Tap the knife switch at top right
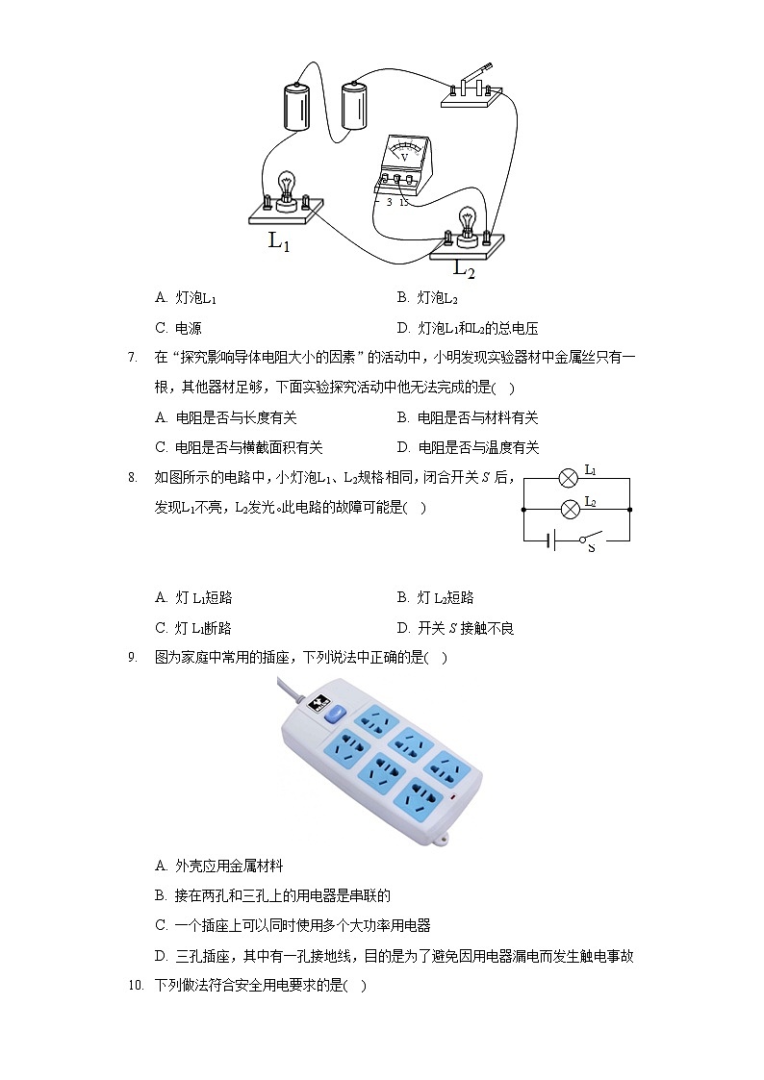click(x=471, y=88)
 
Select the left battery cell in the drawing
click(x=296, y=105)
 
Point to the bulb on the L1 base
click(x=285, y=187)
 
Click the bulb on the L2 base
click(x=468, y=222)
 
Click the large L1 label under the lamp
click(x=279, y=242)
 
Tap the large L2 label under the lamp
click(x=464, y=270)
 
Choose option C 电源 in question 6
click(x=179, y=328)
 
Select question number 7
click(x=132, y=358)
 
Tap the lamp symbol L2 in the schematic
click(x=568, y=507)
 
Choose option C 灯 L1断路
click(x=193, y=628)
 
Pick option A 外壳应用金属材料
click(x=219, y=866)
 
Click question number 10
click(x=135, y=986)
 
